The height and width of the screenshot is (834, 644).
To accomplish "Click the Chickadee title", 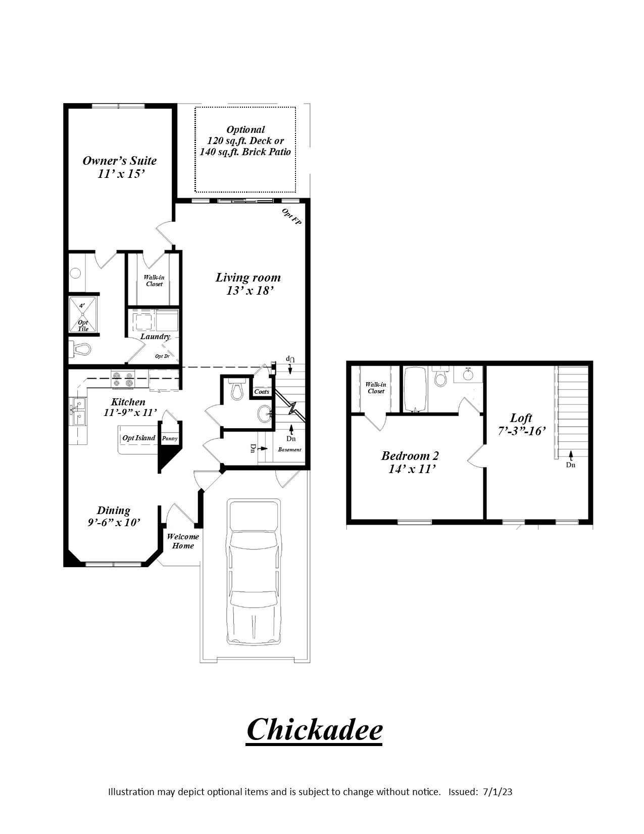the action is pos(314,729).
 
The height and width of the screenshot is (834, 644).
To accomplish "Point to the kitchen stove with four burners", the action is pos(123,379).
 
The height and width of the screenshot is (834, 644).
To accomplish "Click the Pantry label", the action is pos(170,438).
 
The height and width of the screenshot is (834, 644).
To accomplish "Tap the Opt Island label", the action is pos(139,438).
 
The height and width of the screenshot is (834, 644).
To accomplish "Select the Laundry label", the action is pos(156,337).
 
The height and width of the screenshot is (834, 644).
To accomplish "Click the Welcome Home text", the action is pos(183,541).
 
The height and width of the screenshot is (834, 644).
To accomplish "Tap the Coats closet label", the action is pos(262,392).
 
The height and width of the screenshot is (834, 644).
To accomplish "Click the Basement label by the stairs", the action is pos(289,449).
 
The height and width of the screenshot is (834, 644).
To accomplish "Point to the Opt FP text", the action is pos(291,216).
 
